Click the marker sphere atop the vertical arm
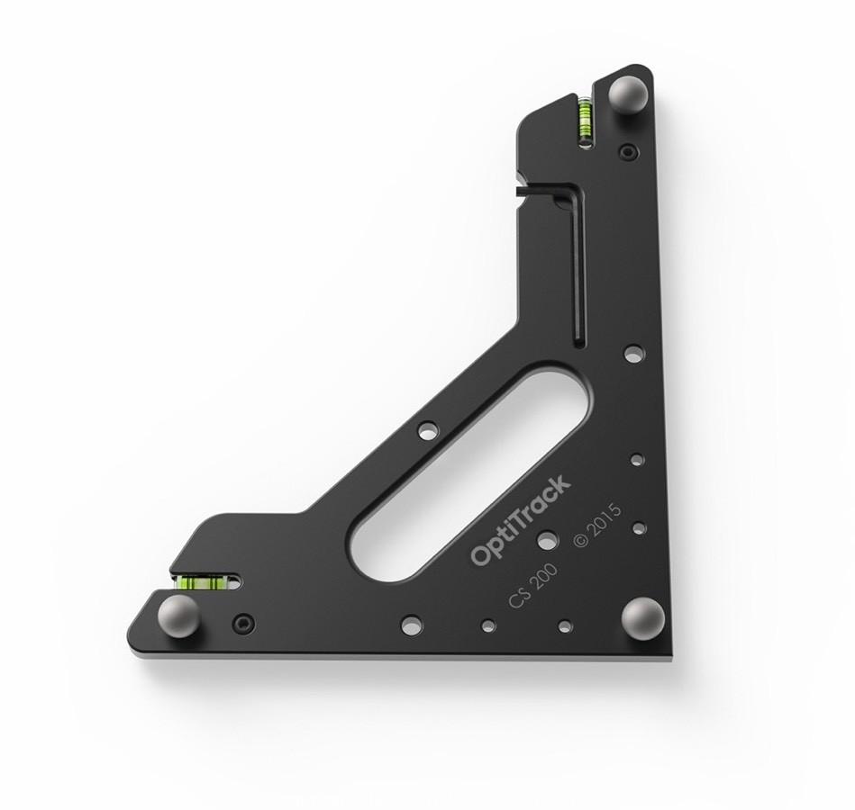click(x=627, y=94)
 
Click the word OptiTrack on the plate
click(x=521, y=521)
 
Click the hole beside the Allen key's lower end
click(x=633, y=353)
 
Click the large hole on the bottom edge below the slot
click(x=411, y=624)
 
